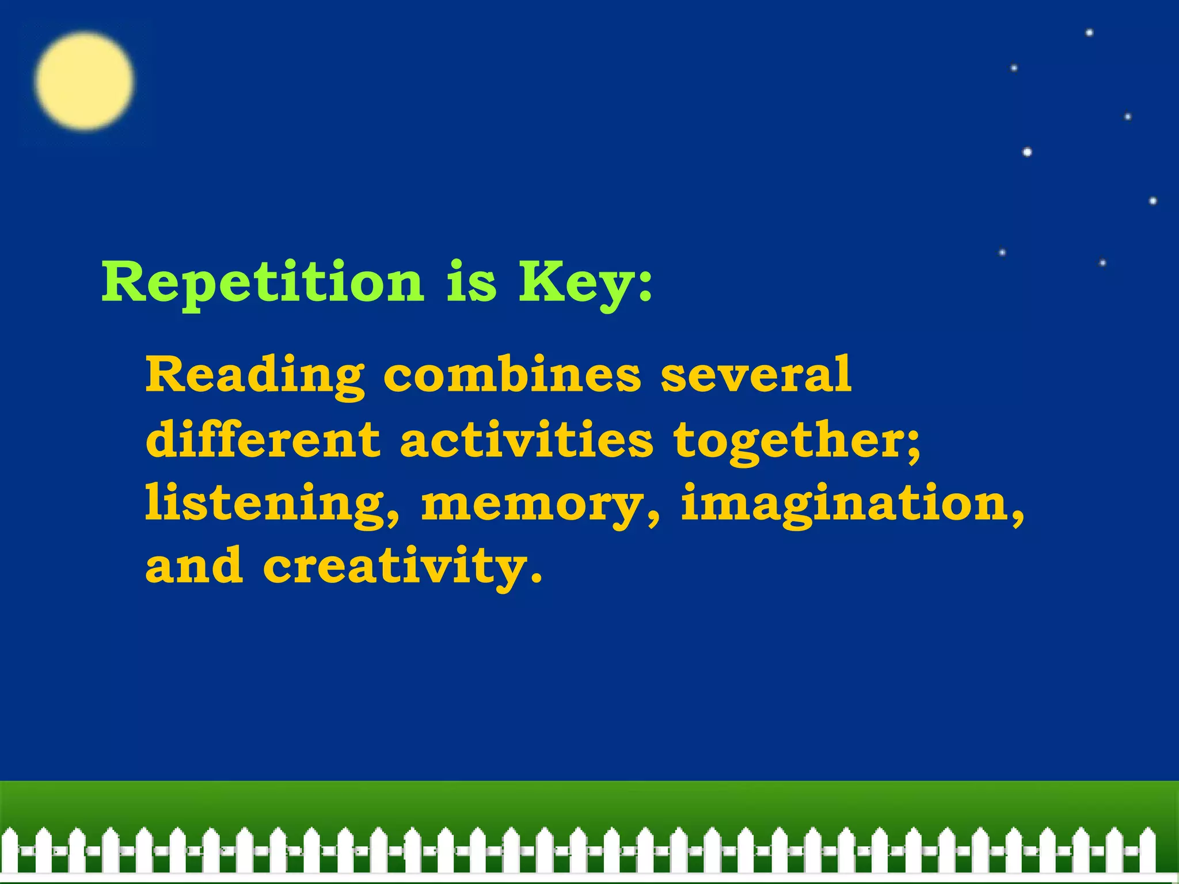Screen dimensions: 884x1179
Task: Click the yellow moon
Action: click(x=84, y=81)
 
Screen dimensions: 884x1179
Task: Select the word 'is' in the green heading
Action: click(x=471, y=282)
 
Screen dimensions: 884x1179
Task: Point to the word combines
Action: click(x=512, y=375)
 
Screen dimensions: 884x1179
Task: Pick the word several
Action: click(x=756, y=375)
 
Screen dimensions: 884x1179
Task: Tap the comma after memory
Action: click(x=653, y=518)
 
